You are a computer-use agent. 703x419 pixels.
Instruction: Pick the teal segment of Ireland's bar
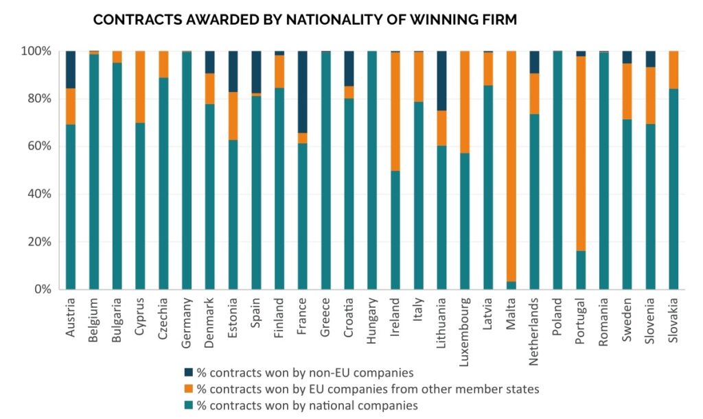click(x=395, y=230)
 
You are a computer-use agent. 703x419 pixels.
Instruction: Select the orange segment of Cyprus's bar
click(x=139, y=86)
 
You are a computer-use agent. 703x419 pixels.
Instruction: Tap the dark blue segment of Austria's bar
click(x=70, y=69)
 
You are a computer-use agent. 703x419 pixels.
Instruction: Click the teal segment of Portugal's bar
click(x=581, y=270)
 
